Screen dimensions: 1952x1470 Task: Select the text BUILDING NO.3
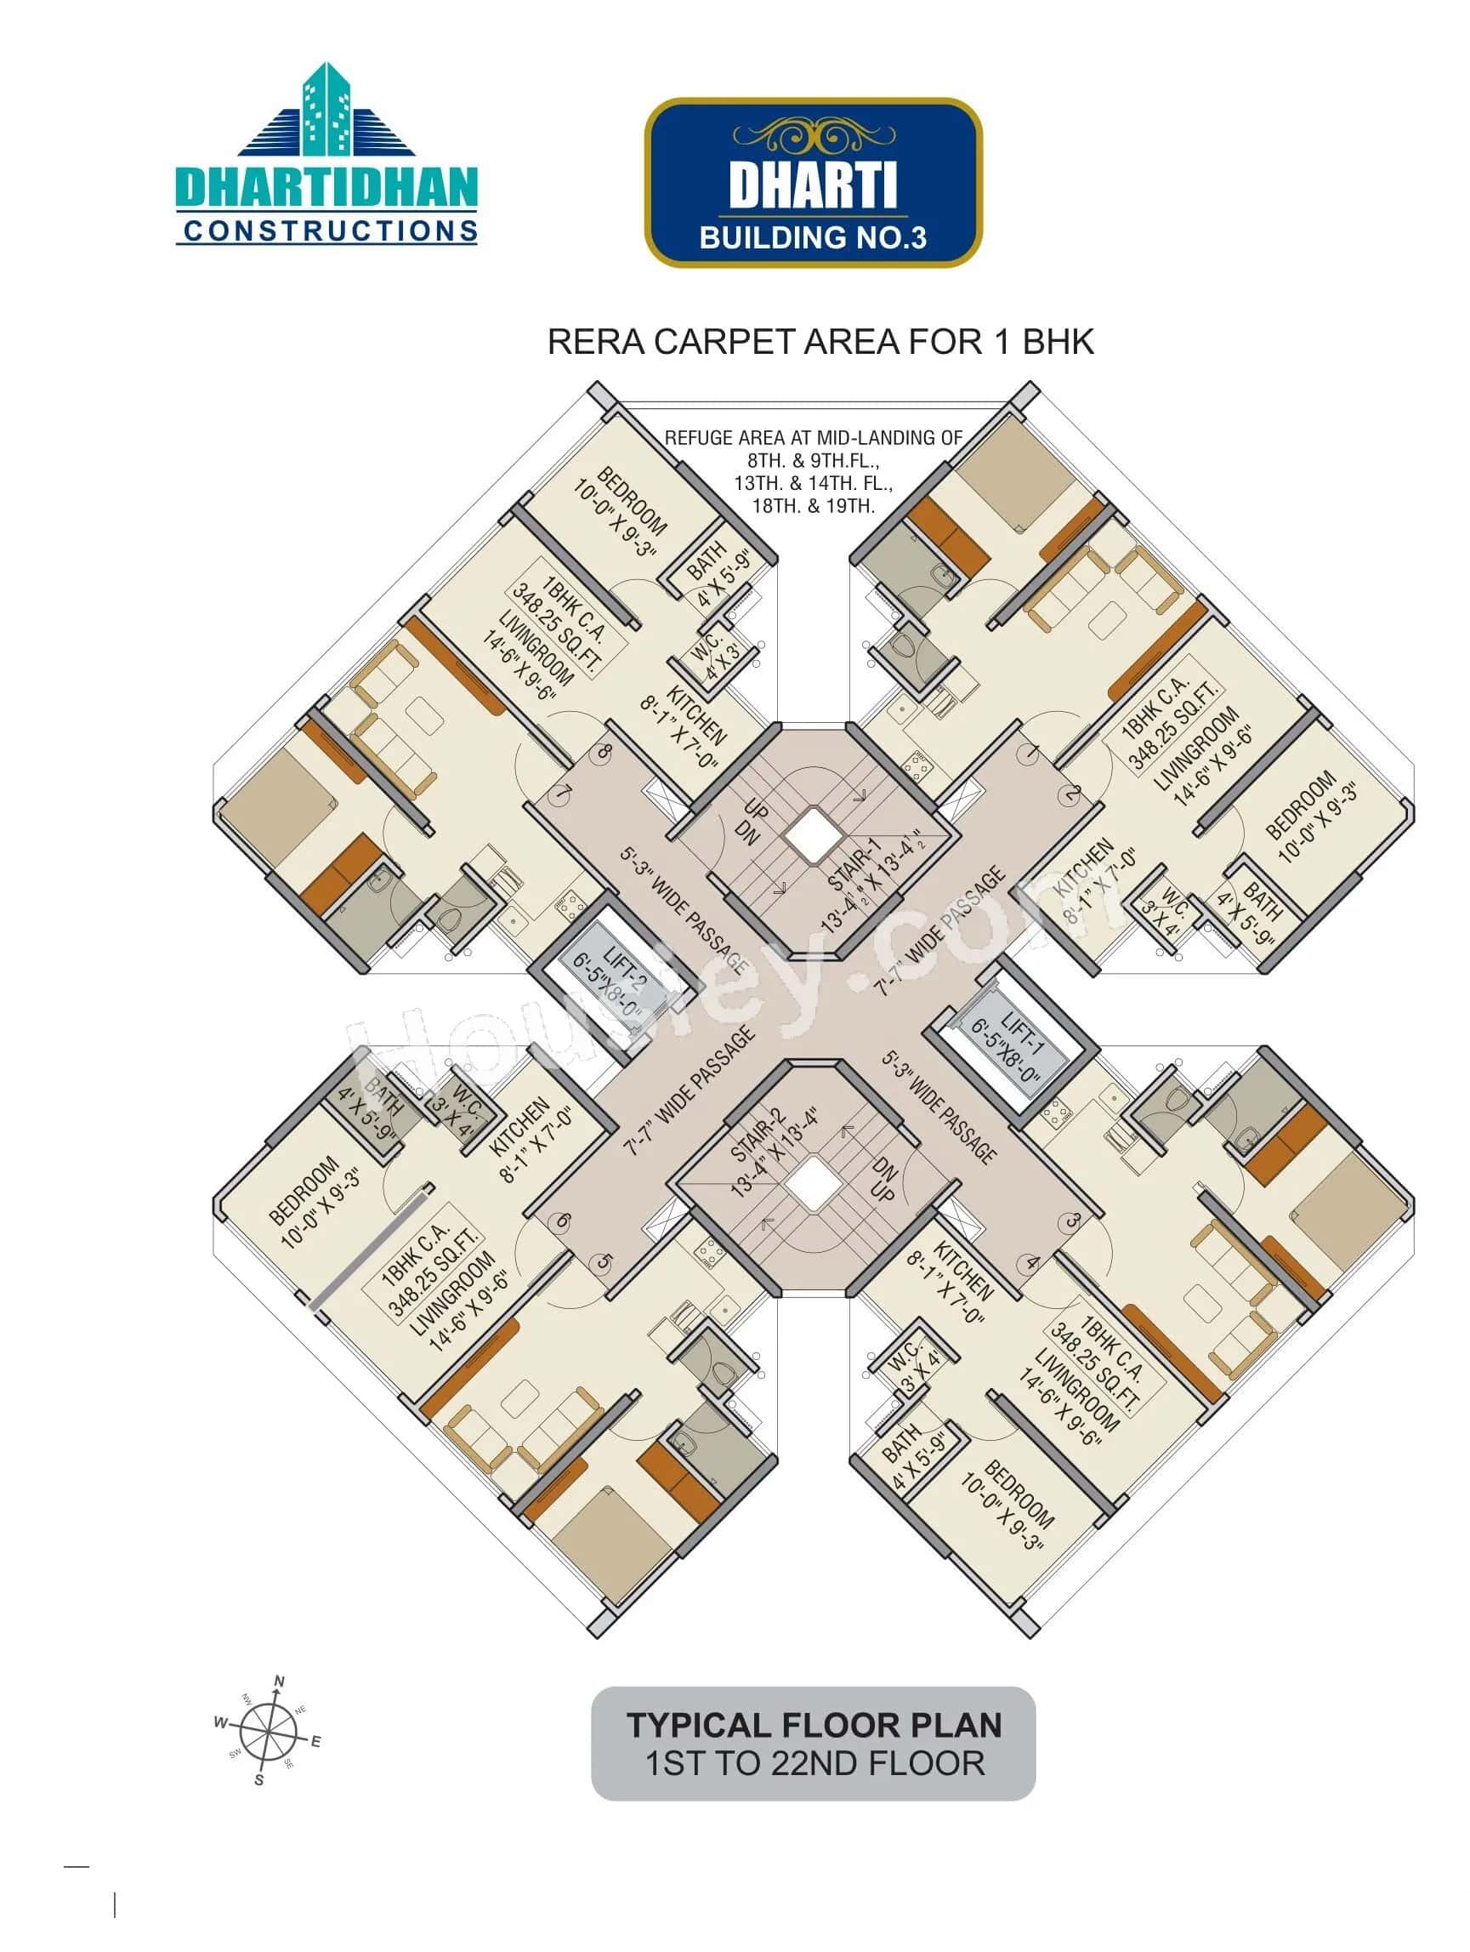812,237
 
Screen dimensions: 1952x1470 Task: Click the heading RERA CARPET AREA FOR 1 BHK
820,342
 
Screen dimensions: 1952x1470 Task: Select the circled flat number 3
1072,1222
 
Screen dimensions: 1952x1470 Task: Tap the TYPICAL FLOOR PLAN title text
814,1725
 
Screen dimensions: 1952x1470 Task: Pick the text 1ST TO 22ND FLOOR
814,1764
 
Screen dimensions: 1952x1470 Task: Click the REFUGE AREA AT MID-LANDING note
813,471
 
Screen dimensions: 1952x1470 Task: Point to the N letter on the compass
280,1681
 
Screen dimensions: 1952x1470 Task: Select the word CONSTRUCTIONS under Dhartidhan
330,231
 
